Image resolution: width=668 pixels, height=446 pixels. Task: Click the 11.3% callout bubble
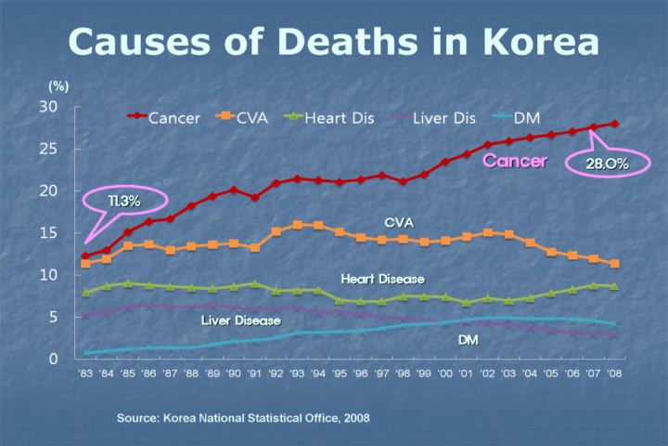click(123, 201)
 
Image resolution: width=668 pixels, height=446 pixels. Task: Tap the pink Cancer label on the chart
click(515, 162)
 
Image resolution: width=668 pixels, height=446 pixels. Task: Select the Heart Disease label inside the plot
click(382, 279)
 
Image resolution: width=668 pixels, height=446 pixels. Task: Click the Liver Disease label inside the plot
click(240, 321)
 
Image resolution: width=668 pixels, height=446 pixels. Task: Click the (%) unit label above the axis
click(58, 85)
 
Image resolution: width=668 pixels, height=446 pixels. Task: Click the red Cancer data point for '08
click(614, 124)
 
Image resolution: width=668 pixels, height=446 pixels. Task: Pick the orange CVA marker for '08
click(614, 264)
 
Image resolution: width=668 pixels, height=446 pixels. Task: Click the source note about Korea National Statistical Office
click(243, 417)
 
